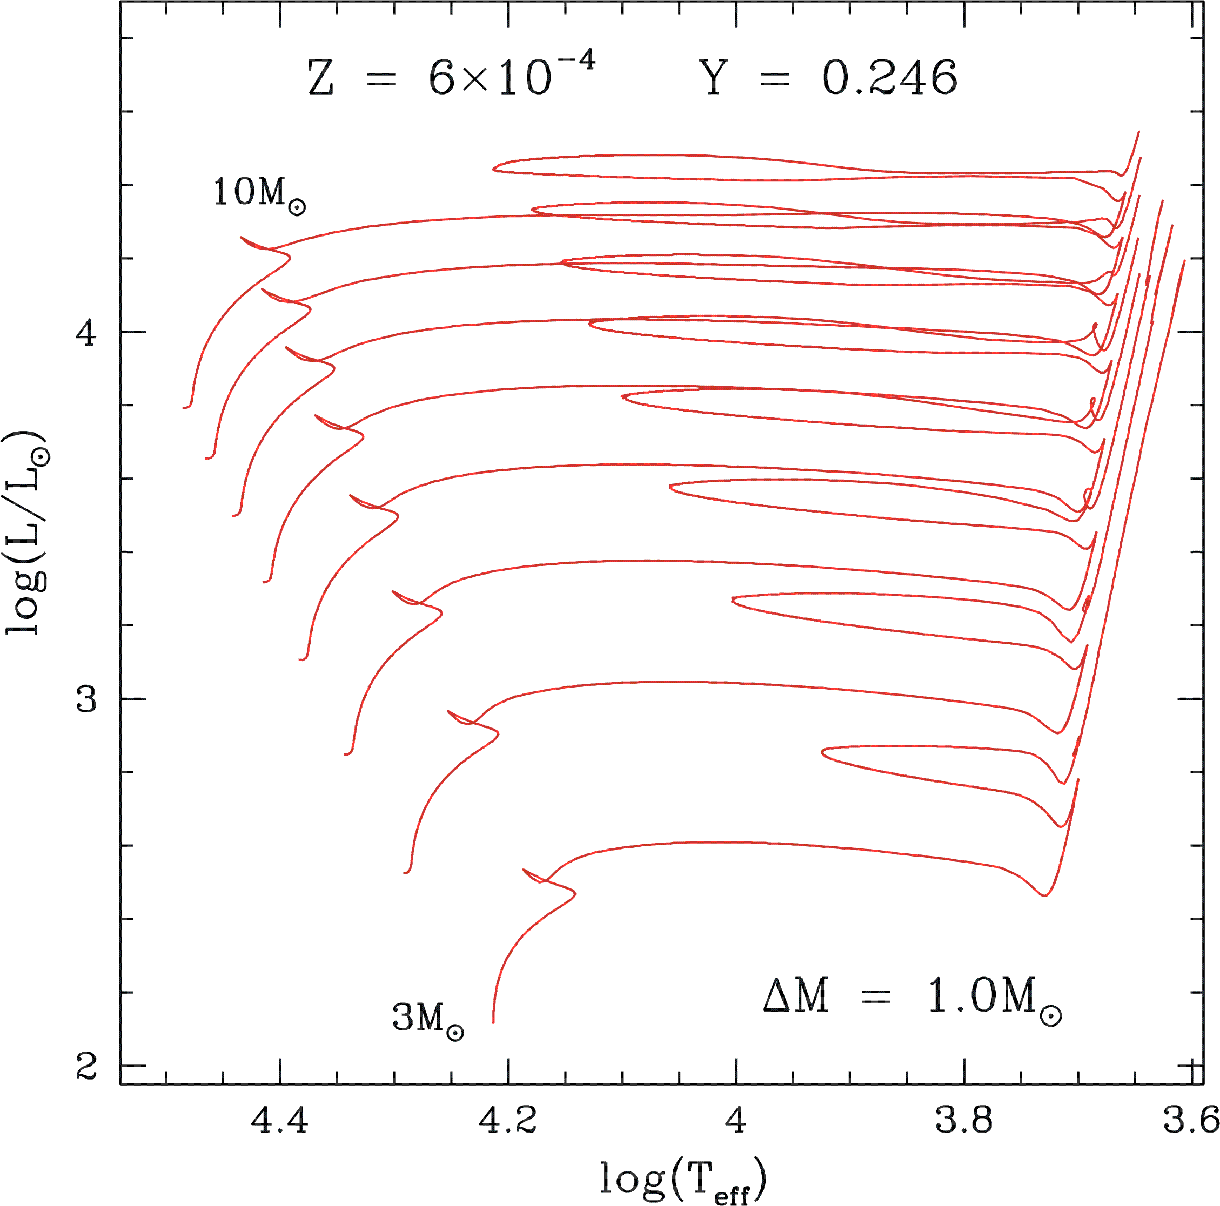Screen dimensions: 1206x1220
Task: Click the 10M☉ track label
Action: [x=259, y=193]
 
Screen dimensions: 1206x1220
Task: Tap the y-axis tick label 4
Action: [x=86, y=332]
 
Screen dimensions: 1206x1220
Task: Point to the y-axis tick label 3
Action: [x=86, y=699]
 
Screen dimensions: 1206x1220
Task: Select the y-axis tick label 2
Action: [x=86, y=1067]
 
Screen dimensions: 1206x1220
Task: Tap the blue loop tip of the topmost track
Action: [x=494, y=168]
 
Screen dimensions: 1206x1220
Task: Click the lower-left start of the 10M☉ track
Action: [x=184, y=408]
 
